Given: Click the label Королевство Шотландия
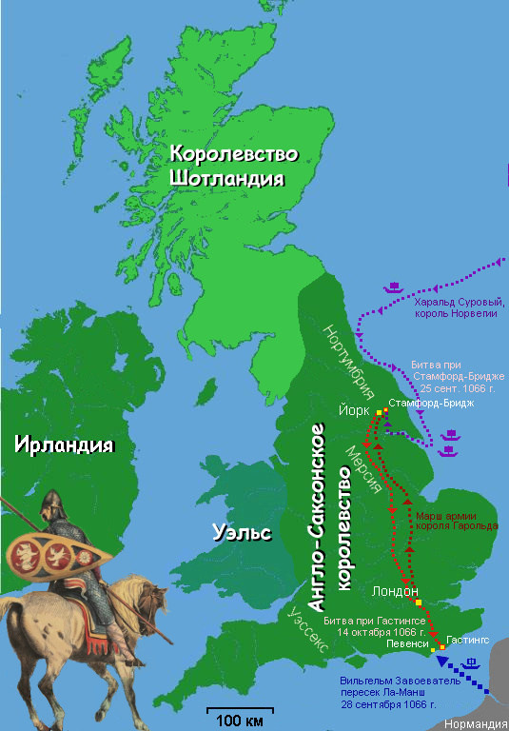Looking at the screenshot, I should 233,166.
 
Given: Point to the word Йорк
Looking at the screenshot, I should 353,411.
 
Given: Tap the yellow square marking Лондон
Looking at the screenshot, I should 419,603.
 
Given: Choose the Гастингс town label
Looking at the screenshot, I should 467,642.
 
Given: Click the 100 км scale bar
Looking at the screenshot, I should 241,709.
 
